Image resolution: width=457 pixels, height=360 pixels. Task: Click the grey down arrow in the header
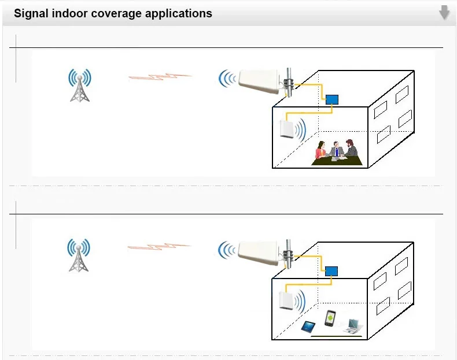tap(444, 12)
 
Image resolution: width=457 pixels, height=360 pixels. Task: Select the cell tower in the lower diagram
tap(79, 255)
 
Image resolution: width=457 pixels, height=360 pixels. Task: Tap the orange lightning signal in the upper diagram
tap(160, 76)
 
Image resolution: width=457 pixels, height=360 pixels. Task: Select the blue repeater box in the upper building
tap(332, 99)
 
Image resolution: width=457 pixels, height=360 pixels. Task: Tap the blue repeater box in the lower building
tap(331, 270)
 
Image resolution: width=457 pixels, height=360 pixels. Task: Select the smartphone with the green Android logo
tap(330, 318)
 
